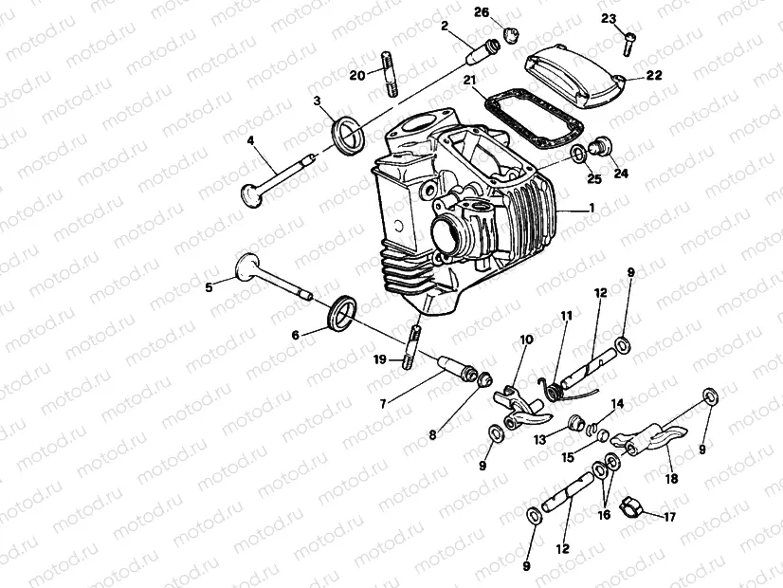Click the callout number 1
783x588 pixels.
tap(592, 208)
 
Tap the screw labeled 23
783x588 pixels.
tap(628, 44)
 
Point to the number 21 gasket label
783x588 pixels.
tap(470, 80)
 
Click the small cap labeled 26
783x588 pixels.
tap(510, 34)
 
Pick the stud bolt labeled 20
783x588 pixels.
tap(390, 74)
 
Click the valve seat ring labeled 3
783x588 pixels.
tap(348, 135)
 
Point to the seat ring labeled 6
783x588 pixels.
tap(342, 313)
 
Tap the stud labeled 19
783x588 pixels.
tap(410, 348)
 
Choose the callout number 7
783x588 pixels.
tap(383, 404)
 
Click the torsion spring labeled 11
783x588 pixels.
tap(552, 389)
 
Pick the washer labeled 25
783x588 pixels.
tap(578, 155)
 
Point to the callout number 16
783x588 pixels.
tap(604, 514)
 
